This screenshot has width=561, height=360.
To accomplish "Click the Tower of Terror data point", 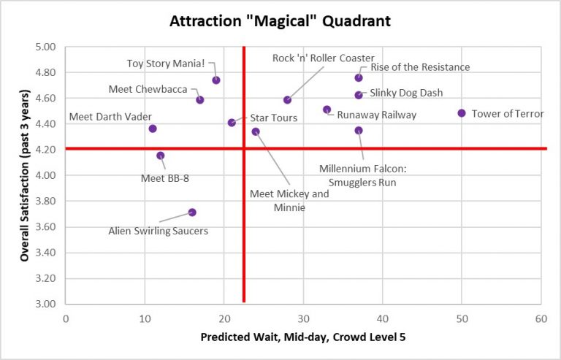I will [x=462, y=113].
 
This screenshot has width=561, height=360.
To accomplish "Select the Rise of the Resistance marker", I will [x=359, y=77].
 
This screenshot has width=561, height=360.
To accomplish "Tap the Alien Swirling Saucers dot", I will [x=192, y=212].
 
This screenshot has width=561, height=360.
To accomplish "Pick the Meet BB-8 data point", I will [x=161, y=156].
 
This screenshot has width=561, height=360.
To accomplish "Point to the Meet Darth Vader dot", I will [x=153, y=129].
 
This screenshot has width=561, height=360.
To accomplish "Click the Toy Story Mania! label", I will [x=166, y=64].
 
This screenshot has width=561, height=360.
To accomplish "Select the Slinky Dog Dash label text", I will [x=406, y=93].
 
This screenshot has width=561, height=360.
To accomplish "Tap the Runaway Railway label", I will [x=376, y=115].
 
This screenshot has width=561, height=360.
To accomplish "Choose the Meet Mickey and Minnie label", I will [x=289, y=200].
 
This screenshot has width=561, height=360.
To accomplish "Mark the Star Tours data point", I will [x=232, y=123].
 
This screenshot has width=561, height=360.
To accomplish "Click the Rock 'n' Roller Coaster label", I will [x=323, y=58].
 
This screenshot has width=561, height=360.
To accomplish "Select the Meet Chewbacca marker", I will [x=200, y=100].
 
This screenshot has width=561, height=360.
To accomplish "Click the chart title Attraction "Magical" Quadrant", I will [x=280, y=21].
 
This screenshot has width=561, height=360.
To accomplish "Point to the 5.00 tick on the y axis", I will [x=47, y=47].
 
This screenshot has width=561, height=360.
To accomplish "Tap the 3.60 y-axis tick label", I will [x=47, y=227].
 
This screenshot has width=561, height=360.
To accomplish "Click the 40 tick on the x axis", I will [x=382, y=319].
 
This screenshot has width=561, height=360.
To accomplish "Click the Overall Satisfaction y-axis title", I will [x=24, y=175].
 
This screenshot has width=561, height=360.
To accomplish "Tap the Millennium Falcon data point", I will [x=359, y=131].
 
